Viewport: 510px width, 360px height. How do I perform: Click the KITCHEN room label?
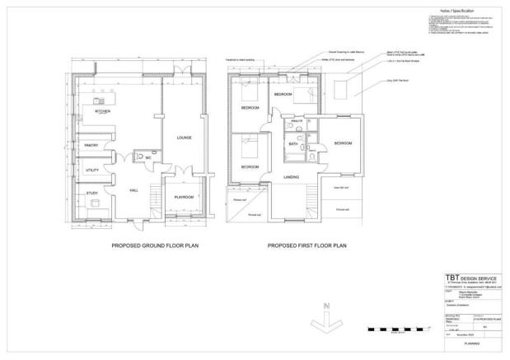[103, 110]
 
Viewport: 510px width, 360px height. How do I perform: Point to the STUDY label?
[91, 194]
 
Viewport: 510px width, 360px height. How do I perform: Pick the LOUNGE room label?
[184, 138]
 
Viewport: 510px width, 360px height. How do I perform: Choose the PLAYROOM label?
[184, 197]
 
